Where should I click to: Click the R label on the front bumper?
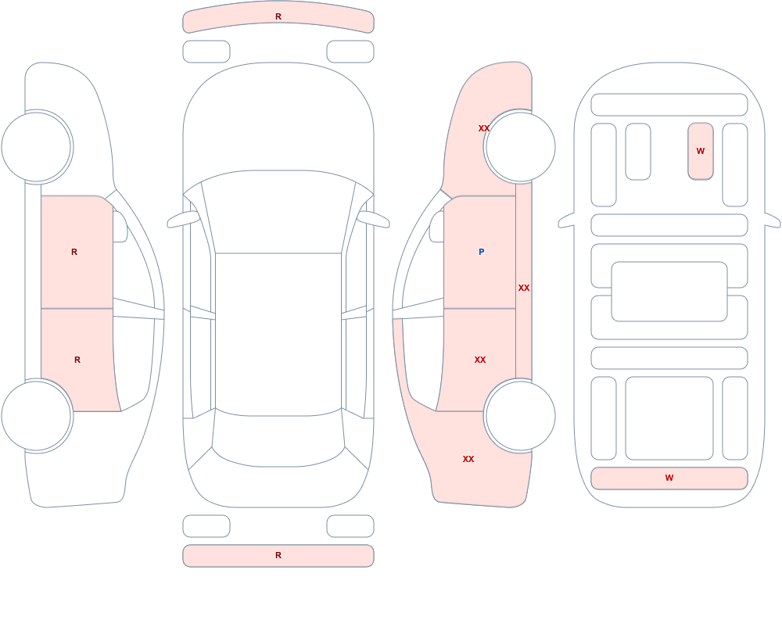pos(278,16)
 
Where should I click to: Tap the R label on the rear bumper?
pos(278,555)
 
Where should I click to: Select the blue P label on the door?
pos(481,252)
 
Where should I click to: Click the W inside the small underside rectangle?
pos(701,151)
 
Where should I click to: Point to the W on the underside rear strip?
pos(669,478)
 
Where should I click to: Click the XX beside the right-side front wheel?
pos(484,128)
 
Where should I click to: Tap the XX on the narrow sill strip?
pos(524,288)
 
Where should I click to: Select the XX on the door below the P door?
pos(480,360)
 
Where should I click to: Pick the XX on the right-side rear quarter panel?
pos(468,459)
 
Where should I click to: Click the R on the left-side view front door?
pos(74,252)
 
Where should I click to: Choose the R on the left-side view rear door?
pos(77,360)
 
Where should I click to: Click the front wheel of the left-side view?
pos(37,147)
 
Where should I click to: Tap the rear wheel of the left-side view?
pos(37,416)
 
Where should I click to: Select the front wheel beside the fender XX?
pos(520,147)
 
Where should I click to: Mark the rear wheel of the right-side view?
pos(520,416)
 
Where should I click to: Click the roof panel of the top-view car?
pos(278,333)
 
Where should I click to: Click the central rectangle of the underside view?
pos(669,292)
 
